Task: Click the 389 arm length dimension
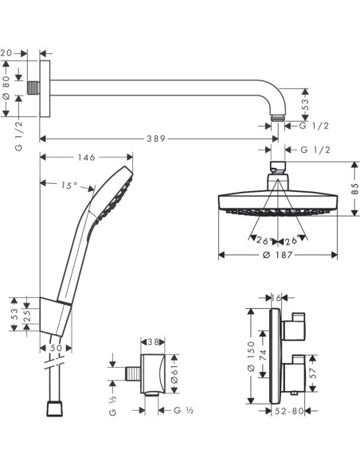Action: pyautogui.click(x=155, y=139)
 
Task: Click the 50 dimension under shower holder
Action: pyautogui.click(x=55, y=348)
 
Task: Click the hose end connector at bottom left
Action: pyautogui.click(x=55, y=408)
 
